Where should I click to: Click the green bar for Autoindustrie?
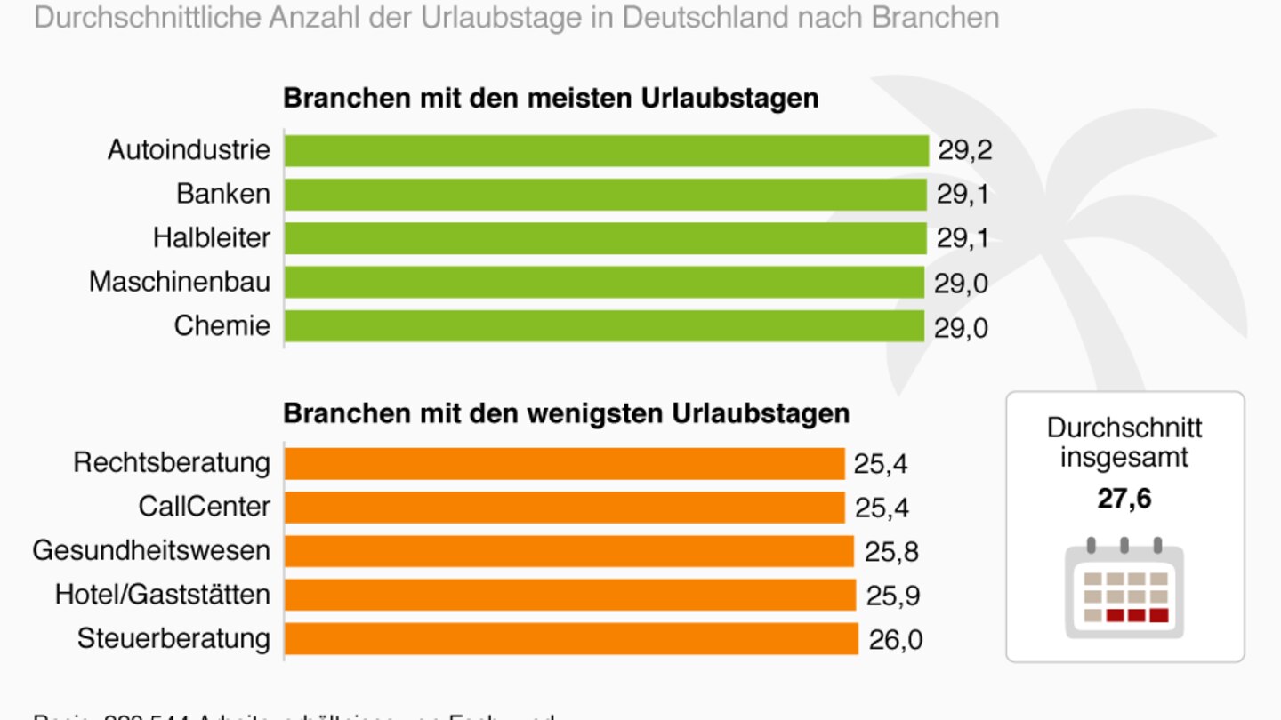coord(607,150)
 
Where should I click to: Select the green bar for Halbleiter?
coord(605,238)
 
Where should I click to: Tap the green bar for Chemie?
coord(605,326)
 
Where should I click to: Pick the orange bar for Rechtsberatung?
coord(564,463)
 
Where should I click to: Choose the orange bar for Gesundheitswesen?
coord(569,551)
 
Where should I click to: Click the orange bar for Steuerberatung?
coord(571,639)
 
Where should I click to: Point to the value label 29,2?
coord(964,151)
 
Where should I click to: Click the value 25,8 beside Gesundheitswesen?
coord(891,552)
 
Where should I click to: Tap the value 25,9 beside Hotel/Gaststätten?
coord(893,596)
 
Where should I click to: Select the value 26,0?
coord(895,640)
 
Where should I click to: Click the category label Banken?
coord(222,194)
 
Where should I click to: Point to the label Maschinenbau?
coord(180,283)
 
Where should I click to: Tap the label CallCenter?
coord(204,507)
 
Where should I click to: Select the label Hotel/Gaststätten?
coord(163,594)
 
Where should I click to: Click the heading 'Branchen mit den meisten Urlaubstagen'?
coord(551,98)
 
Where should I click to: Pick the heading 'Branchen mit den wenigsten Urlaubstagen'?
coord(566,413)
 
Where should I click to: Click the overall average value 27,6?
coord(1124,499)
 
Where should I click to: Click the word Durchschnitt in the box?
coord(1124,428)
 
